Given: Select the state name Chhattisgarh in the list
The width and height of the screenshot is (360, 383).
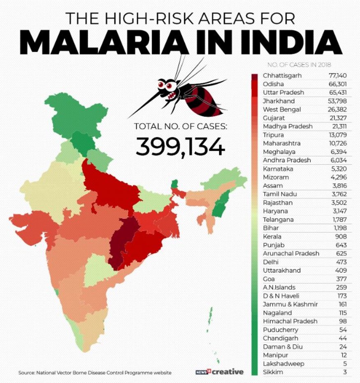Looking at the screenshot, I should (x=282, y=75).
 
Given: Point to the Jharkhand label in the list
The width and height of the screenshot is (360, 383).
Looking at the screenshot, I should (x=279, y=101).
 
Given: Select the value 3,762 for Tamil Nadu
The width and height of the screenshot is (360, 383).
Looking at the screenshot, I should (x=339, y=194).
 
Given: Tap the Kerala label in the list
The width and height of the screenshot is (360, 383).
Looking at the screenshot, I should (x=272, y=236).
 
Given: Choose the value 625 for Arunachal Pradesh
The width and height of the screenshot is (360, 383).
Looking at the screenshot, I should (x=341, y=253).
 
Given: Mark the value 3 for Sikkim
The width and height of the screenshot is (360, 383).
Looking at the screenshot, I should (x=345, y=372).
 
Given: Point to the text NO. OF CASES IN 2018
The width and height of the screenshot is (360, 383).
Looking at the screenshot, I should (x=299, y=64).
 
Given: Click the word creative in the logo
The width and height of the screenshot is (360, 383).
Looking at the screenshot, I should (x=228, y=372).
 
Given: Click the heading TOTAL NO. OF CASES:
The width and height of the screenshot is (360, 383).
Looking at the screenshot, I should (x=180, y=126).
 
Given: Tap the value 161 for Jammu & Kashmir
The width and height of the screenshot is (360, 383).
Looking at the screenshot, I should (x=341, y=304).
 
